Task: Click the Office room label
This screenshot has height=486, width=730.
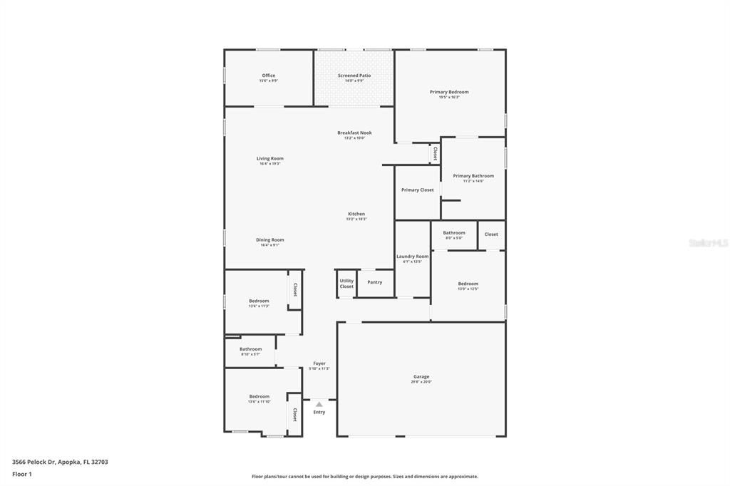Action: tap(268, 76)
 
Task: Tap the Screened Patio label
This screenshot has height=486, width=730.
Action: tap(354, 76)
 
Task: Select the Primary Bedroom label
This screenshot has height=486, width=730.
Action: tap(449, 92)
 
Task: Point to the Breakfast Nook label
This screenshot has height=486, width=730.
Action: tap(354, 133)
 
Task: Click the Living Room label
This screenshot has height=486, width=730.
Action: tap(270, 158)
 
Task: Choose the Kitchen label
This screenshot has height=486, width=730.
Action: tap(356, 214)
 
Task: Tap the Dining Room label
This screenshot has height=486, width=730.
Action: tap(270, 239)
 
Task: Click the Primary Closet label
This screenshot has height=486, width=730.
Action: tap(417, 190)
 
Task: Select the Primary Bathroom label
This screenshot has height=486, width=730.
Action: tap(473, 175)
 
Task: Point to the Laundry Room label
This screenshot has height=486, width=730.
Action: tap(413, 256)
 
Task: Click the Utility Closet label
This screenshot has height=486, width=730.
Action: tap(346, 284)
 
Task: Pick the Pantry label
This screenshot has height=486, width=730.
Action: tap(375, 282)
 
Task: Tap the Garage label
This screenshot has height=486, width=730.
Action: tap(421, 376)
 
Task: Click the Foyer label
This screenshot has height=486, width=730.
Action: tap(319, 363)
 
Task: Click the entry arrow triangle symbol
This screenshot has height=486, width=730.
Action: tap(319, 404)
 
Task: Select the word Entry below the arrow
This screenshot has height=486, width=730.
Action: tap(319, 412)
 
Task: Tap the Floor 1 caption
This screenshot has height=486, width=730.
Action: tap(22, 474)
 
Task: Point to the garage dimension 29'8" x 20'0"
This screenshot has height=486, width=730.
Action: tap(421, 382)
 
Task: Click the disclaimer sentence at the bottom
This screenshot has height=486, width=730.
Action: tap(364, 477)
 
